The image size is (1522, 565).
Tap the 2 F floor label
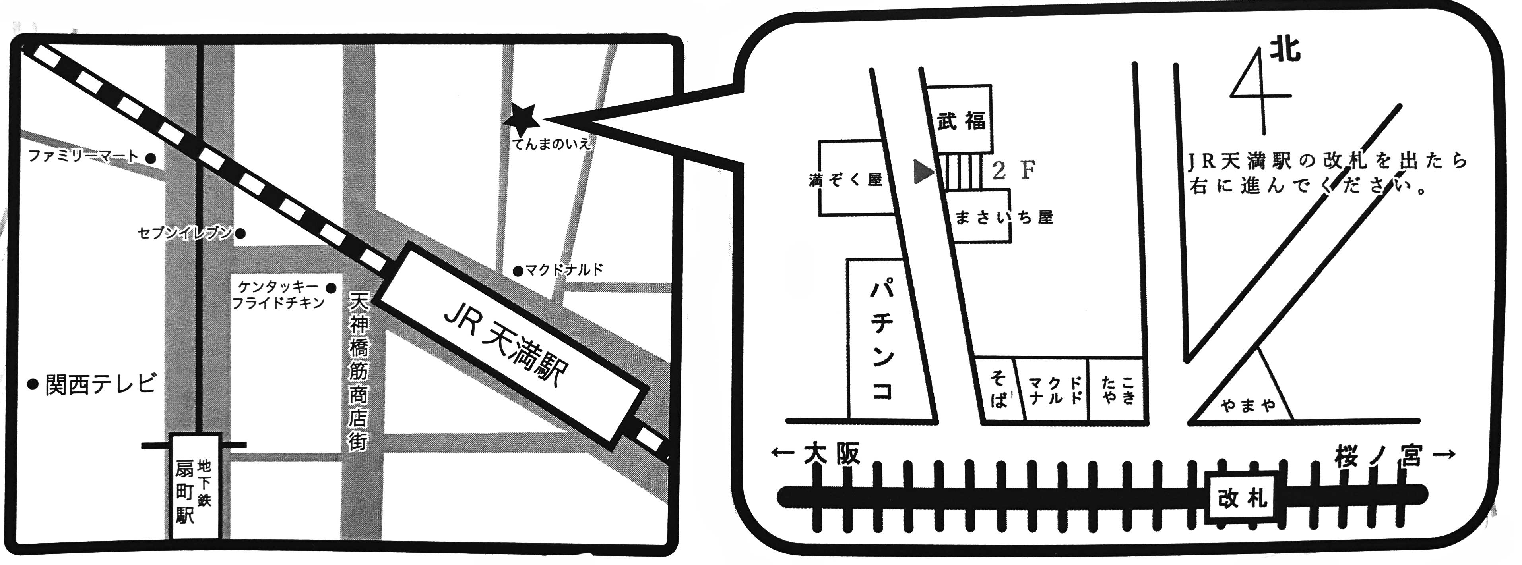1014,171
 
